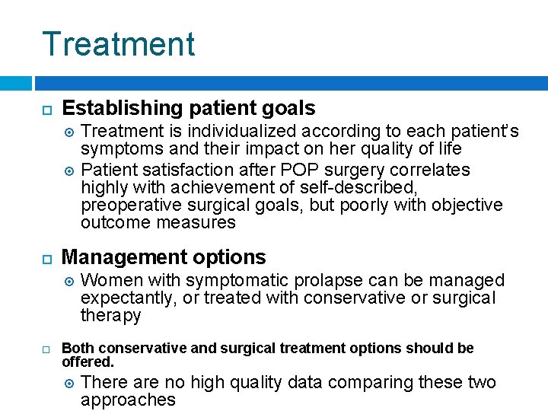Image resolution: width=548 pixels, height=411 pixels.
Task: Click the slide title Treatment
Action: [119, 44]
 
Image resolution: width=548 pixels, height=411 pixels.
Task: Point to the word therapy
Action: [111, 316]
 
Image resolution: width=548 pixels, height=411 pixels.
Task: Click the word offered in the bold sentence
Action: [85, 362]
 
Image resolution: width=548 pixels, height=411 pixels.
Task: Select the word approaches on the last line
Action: [128, 400]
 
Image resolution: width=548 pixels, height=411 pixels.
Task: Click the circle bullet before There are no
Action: [69, 383]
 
